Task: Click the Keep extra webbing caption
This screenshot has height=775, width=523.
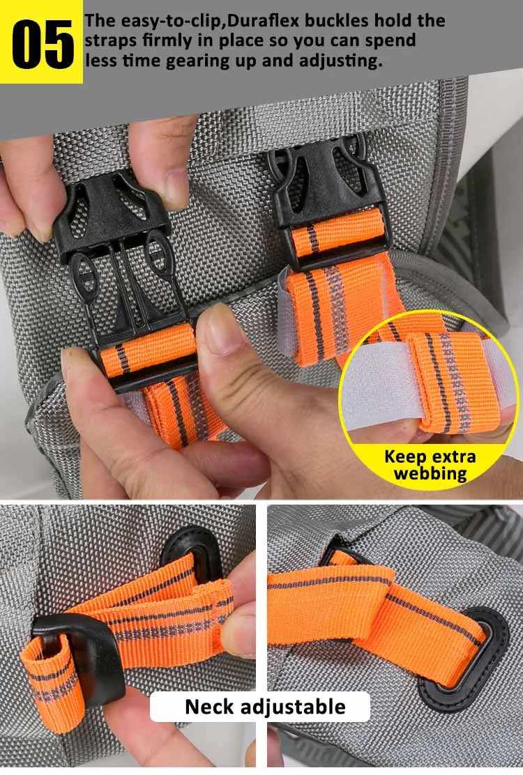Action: coord(430,466)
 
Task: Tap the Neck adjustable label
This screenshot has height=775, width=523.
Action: coord(265,707)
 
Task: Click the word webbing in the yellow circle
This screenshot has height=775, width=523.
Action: coord(430,474)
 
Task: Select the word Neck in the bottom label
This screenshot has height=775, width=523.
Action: coord(210,707)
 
